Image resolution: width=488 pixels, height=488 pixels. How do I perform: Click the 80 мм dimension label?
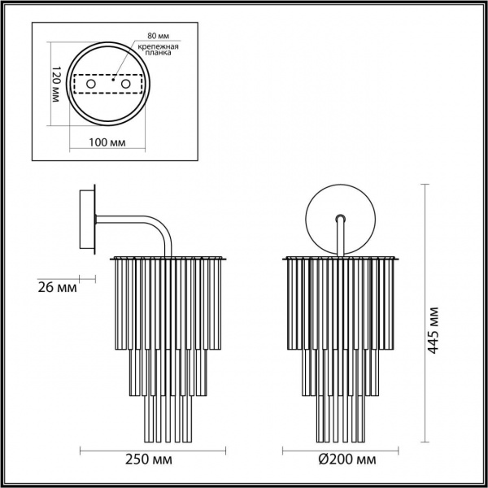pos(158,37)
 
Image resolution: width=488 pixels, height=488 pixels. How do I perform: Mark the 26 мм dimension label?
pos(58,287)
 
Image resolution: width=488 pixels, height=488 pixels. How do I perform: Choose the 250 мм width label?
pos(151,460)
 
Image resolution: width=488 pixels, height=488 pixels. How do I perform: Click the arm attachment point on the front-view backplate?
pos(341,219)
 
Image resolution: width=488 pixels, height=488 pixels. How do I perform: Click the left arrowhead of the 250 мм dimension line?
pos(82,450)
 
